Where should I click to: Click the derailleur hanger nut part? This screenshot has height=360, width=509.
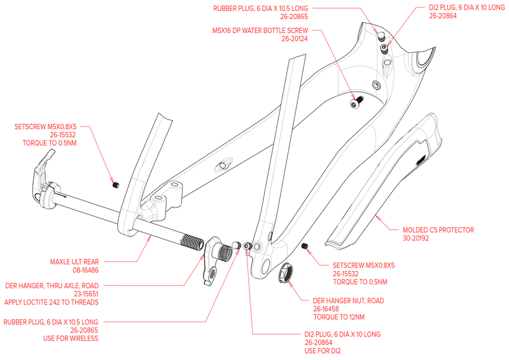[285, 273]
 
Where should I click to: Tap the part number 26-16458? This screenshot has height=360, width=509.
[326, 308]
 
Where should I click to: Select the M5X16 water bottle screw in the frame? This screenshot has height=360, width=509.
[356, 102]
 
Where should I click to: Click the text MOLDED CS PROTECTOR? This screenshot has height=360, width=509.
[438, 230]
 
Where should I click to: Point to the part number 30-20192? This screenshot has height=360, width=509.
[416, 238]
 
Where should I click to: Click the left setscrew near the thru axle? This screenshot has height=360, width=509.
[116, 185]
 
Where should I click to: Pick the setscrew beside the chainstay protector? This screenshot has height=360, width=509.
[305, 246]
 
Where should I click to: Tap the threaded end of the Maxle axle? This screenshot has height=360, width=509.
[192, 242]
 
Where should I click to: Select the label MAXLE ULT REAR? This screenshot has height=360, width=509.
[74, 261]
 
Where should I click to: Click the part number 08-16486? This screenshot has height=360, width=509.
[86, 270]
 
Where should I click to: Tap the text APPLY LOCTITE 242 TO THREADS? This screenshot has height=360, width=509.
[52, 302]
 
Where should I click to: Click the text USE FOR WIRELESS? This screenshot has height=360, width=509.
[71, 338]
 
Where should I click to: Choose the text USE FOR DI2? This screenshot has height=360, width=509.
[323, 350]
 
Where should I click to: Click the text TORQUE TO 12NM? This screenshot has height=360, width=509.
[339, 317]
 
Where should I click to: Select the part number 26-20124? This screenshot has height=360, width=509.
[295, 39]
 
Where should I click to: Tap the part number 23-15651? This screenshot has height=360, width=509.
[86, 294]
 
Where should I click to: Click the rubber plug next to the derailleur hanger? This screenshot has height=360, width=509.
[236, 245]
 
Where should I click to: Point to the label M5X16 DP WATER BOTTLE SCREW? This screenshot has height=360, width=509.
[260, 31]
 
